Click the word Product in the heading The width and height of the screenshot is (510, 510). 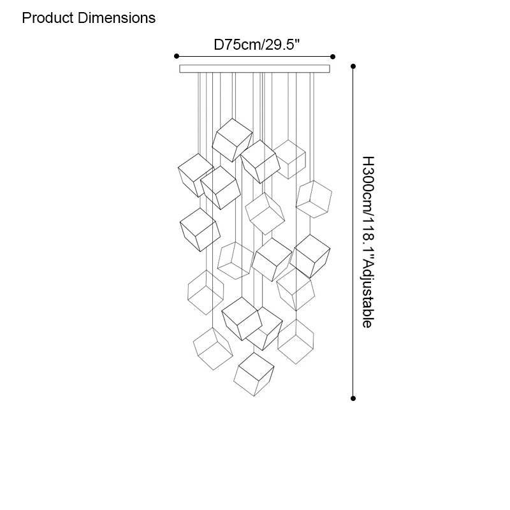[x=48, y=18]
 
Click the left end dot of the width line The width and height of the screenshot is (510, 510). [x=177, y=56]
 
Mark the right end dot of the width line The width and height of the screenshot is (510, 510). [x=333, y=56]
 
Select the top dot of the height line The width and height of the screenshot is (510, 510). [x=353, y=66]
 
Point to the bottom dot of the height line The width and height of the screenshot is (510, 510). [x=353, y=398]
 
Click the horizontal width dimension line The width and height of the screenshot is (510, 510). [x=255, y=56]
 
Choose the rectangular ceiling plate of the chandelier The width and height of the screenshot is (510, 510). [x=254, y=68]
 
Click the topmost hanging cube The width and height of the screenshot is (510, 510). [x=232, y=139]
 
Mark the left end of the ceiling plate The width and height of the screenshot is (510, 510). [x=182, y=68]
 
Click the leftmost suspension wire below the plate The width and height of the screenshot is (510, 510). [x=199, y=115]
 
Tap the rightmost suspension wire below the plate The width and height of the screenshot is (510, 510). [x=313, y=127]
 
